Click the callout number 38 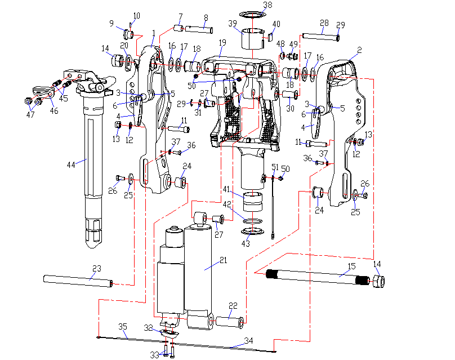pyautogui.click(x=267, y=5)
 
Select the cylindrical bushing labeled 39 pyautogui.click(x=252, y=39)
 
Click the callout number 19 pyautogui.click(x=222, y=42)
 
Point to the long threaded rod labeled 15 pyautogui.click(x=315, y=276)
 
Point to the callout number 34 pyautogui.click(x=248, y=340)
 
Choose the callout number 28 pyautogui.click(x=324, y=23)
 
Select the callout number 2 pyautogui.click(x=358, y=50)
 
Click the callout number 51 pyautogui.click(x=275, y=167)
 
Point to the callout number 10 pyautogui.click(x=137, y=15)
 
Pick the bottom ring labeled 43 pyautogui.click(x=252, y=231)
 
